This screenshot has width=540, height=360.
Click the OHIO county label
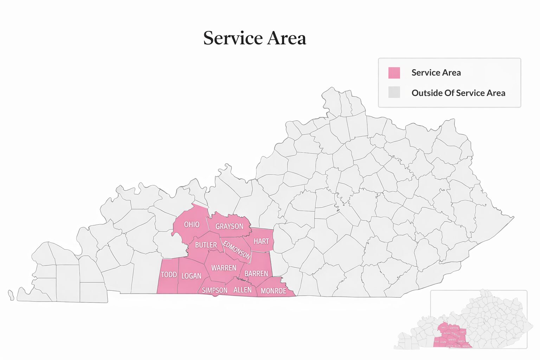(x=192, y=224)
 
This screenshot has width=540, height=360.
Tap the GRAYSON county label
(x=229, y=226)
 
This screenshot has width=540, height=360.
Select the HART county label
(x=261, y=241)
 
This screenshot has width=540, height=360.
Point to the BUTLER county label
(x=206, y=245)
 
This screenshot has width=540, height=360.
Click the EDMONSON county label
(x=237, y=250)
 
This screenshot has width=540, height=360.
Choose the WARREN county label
(x=224, y=268)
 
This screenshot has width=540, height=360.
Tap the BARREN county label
(x=256, y=274)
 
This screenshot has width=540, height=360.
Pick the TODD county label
(x=169, y=275)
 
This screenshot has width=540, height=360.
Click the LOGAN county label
(x=191, y=276)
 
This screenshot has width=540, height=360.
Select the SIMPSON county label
(x=214, y=290)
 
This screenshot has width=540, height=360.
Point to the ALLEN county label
(x=243, y=290)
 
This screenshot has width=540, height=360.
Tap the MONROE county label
(x=274, y=291)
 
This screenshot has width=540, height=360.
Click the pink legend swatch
(x=394, y=73)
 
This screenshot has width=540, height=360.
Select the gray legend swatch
(x=394, y=92)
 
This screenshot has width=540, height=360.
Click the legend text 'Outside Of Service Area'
(x=458, y=93)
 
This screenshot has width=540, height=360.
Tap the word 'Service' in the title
(x=233, y=38)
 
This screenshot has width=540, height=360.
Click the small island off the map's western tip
(x=11, y=295)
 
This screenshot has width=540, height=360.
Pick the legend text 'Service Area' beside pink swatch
(x=436, y=73)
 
